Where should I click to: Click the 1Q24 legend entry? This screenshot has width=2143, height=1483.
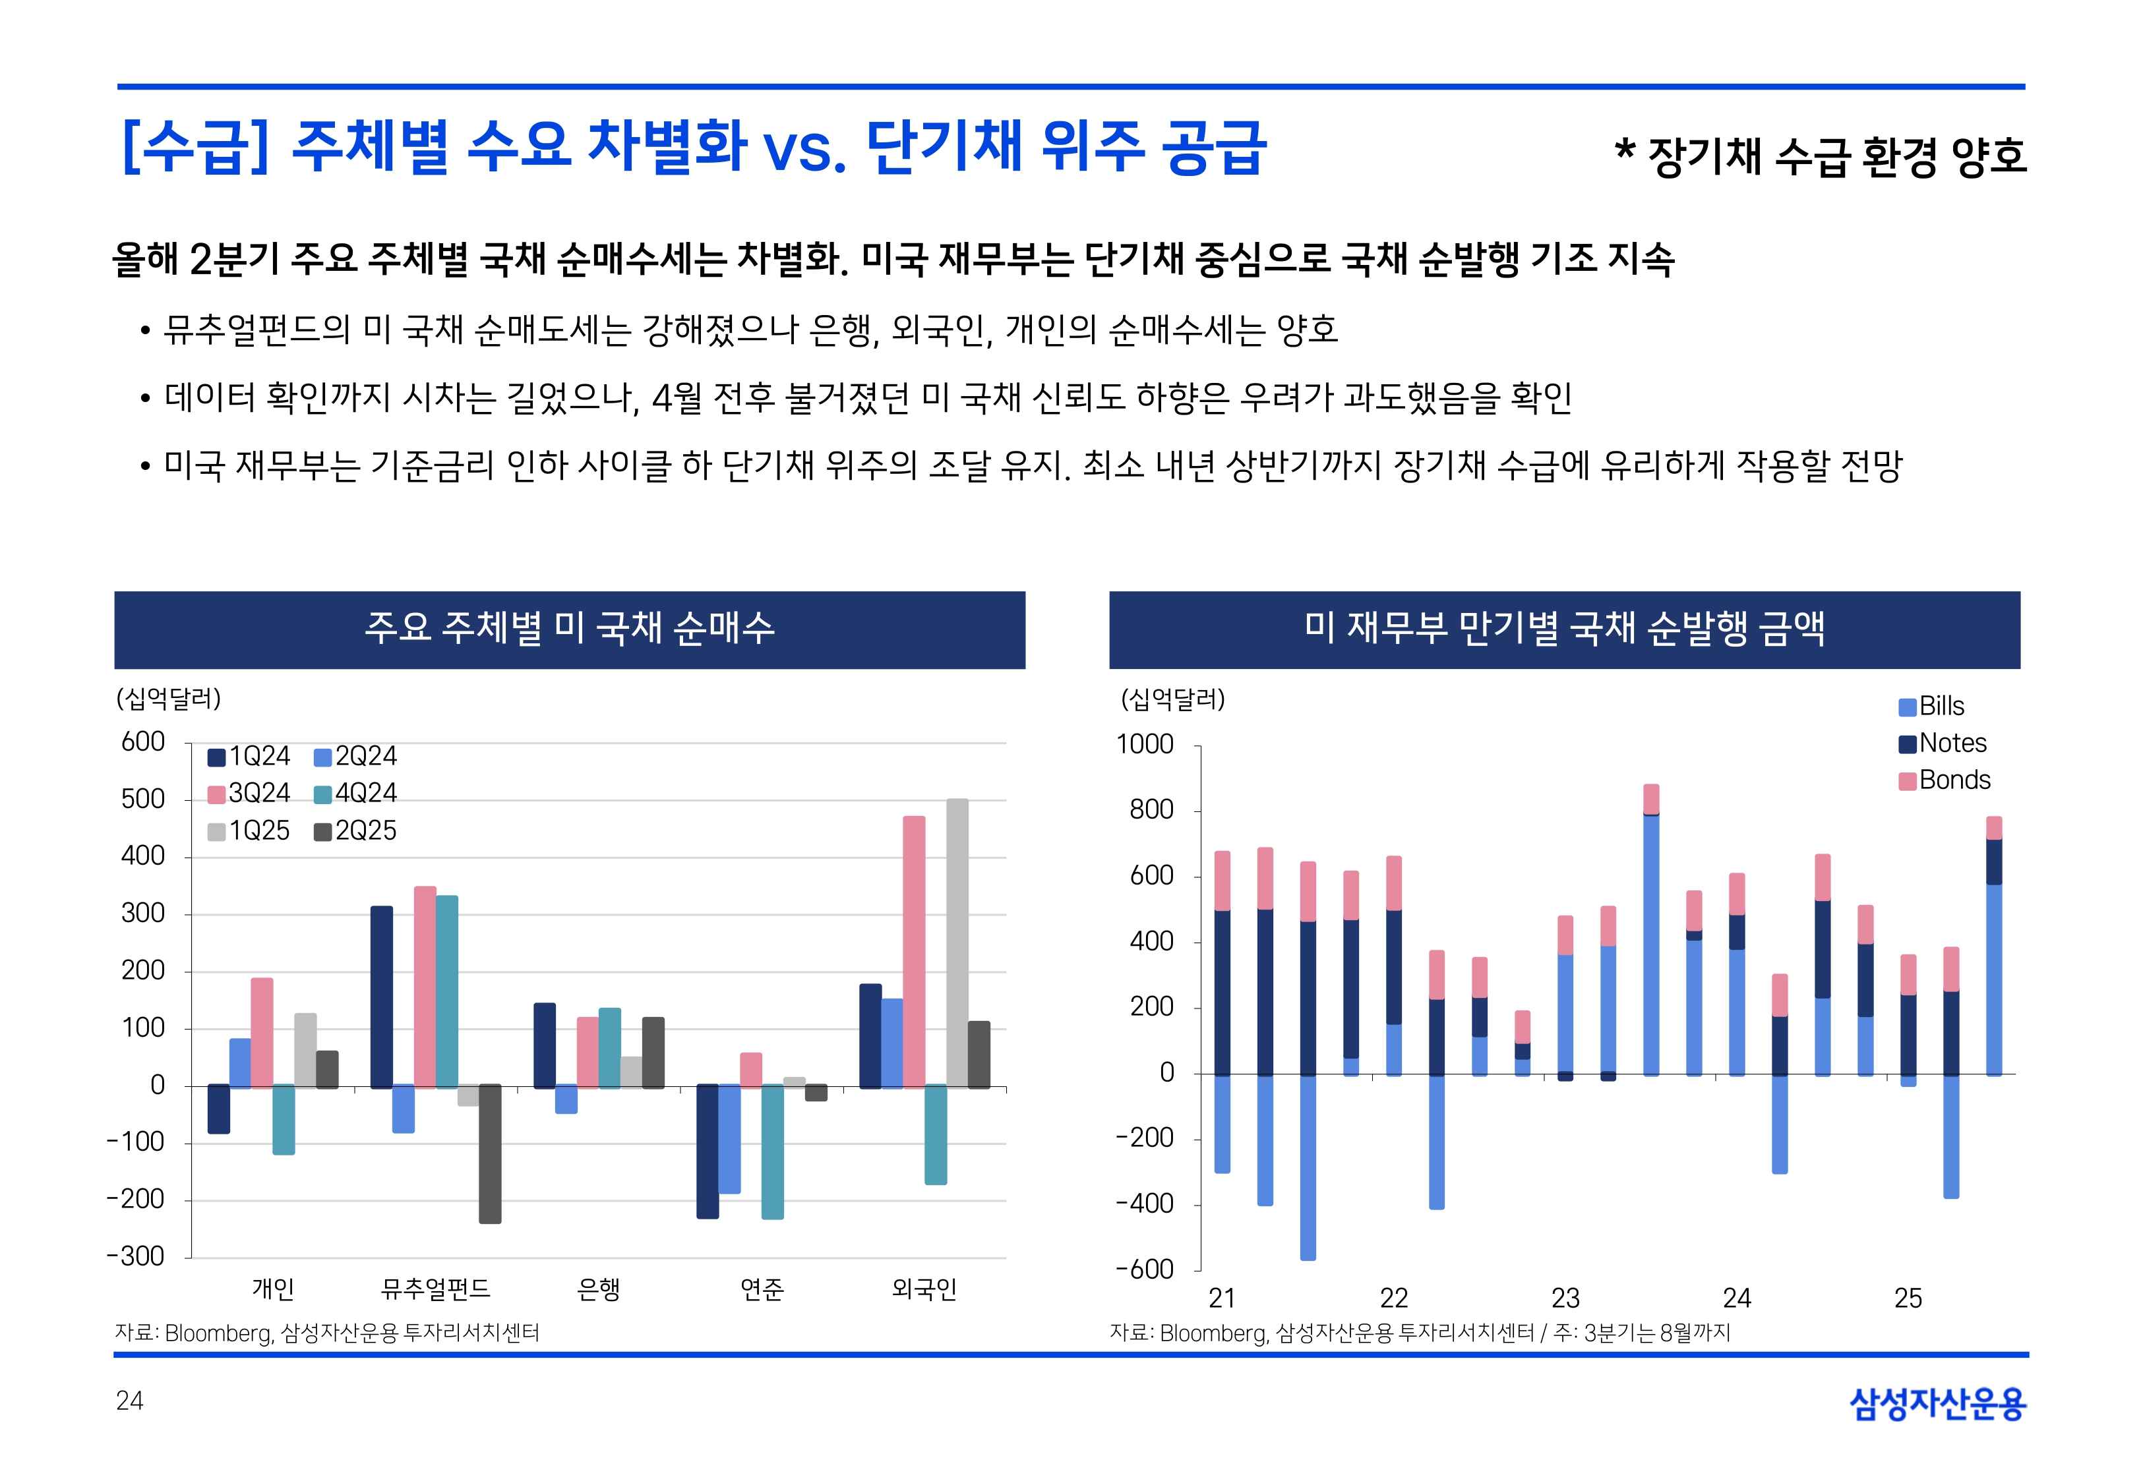[x=249, y=757]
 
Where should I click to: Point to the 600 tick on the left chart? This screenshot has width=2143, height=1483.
[x=143, y=742]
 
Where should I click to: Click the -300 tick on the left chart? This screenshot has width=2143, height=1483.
[x=136, y=1256]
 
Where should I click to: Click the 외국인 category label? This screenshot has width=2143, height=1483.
[x=924, y=1289]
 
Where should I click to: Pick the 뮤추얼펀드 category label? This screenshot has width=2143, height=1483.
[x=435, y=1289]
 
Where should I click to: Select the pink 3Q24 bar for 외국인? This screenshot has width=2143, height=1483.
[x=913, y=952]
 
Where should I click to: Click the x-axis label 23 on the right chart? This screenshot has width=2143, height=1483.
[x=1565, y=1298]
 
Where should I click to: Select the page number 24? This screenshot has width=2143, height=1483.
[x=129, y=1401]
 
